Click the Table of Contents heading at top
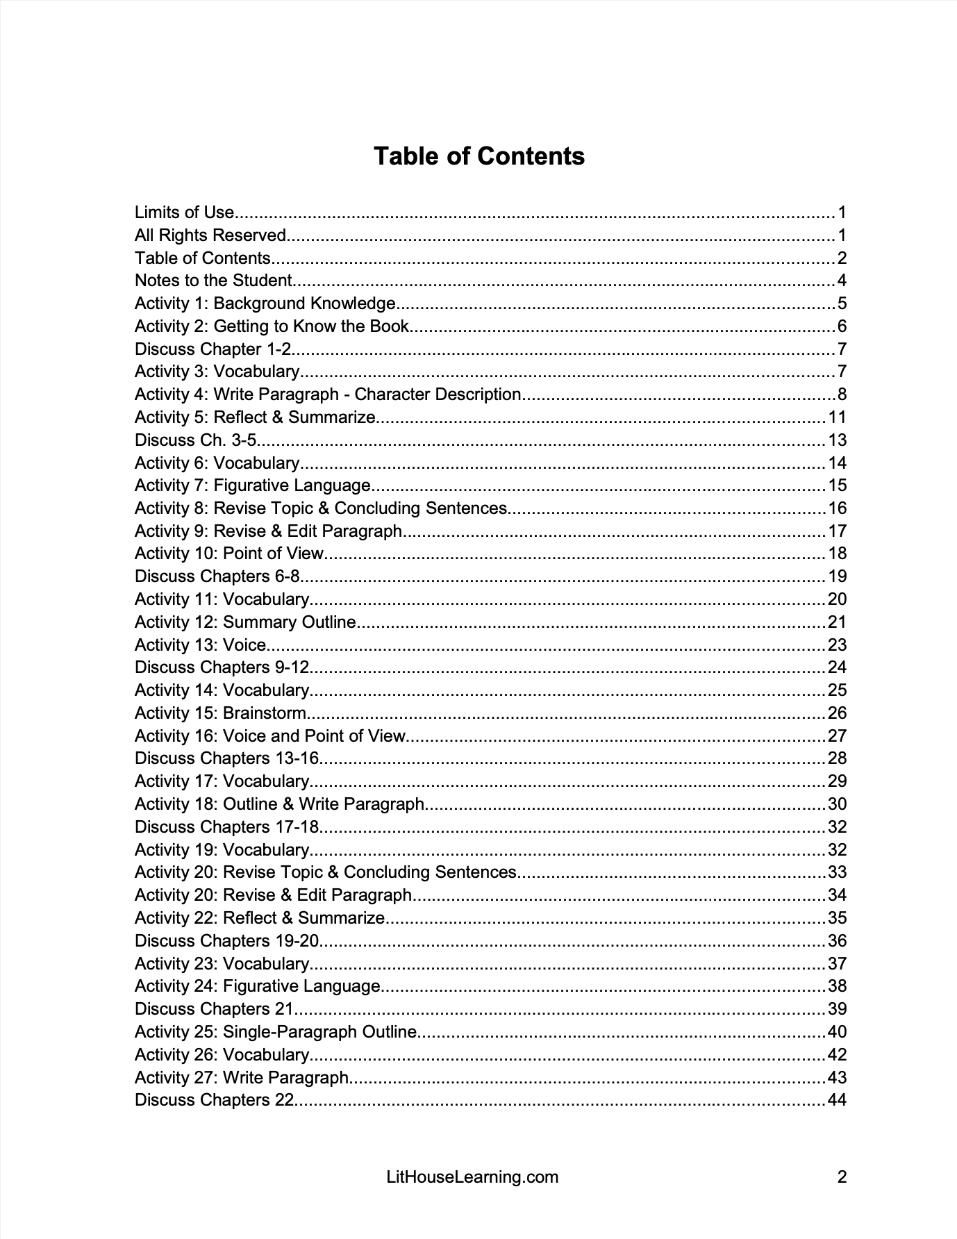point(479,156)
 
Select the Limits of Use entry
point(184,213)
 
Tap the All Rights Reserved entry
point(210,235)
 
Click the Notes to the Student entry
point(213,281)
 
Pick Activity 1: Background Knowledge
point(265,303)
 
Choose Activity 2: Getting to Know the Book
point(272,326)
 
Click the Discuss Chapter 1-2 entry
point(213,349)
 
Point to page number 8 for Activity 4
point(842,394)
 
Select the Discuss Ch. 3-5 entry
point(195,440)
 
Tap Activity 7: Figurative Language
point(253,485)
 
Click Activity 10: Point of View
point(229,554)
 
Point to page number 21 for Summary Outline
point(837,622)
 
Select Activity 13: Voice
point(201,645)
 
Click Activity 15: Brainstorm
point(220,713)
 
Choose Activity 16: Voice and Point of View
point(269,736)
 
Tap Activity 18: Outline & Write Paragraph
point(279,804)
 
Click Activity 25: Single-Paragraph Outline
point(276,1032)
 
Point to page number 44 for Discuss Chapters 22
point(837,1100)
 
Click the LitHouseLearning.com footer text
point(472,1177)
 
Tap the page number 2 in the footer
point(842,1177)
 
